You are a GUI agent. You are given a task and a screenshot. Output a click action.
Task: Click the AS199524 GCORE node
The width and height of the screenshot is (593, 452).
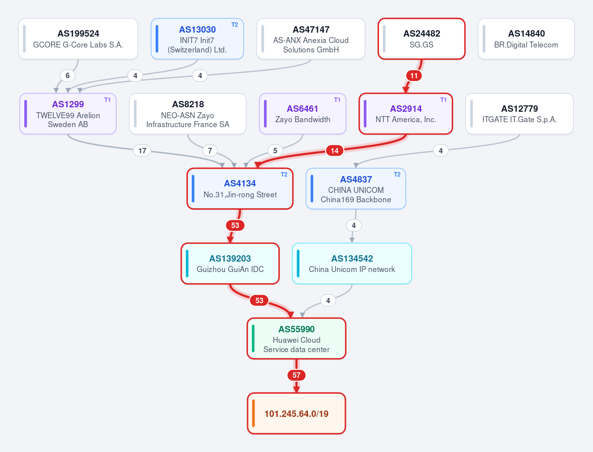(78, 39)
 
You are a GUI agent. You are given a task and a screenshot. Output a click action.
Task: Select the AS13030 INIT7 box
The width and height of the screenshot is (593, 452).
(197, 39)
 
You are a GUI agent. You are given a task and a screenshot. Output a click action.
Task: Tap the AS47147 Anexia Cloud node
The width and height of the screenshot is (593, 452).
(311, 39)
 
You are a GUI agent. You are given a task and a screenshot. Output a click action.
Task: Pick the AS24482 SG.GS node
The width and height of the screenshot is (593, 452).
(422, 39)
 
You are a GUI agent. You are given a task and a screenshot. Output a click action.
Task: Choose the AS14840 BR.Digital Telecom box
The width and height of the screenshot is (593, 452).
(526, 39)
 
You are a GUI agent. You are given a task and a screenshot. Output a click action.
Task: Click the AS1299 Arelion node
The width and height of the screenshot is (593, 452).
(68, 114)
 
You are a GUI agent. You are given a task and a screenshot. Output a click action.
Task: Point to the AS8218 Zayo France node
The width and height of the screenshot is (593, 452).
(188, 114)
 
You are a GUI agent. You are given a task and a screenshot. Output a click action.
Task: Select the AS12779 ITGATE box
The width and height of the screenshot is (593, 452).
(519, 114)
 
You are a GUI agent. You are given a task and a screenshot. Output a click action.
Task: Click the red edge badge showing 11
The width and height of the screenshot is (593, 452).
(414, 76)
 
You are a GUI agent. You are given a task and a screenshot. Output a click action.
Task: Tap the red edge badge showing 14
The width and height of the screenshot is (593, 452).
(335, 150)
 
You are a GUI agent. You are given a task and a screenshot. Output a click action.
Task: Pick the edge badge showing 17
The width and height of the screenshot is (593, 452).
(142, 150)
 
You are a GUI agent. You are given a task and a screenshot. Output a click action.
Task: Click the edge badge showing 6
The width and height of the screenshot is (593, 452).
(68, 76)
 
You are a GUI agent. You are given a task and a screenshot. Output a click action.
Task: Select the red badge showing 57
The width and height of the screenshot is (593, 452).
(296, 375)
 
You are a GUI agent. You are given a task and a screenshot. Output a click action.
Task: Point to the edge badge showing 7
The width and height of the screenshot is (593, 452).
(210, 150)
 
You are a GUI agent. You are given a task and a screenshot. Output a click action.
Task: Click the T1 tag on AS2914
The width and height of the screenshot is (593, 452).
(443, 100)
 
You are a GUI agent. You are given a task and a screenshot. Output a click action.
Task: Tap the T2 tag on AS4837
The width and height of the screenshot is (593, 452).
(397, 175)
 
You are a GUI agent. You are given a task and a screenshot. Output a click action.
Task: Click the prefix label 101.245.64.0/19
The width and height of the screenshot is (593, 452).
(296, 413)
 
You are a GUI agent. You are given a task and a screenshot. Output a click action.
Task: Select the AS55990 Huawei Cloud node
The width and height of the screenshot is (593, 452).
(296, 338)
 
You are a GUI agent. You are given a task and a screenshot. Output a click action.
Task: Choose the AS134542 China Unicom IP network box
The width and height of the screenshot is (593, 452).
(352, 264)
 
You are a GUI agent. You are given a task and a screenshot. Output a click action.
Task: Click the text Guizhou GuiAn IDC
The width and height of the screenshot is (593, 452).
(230, 269)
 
